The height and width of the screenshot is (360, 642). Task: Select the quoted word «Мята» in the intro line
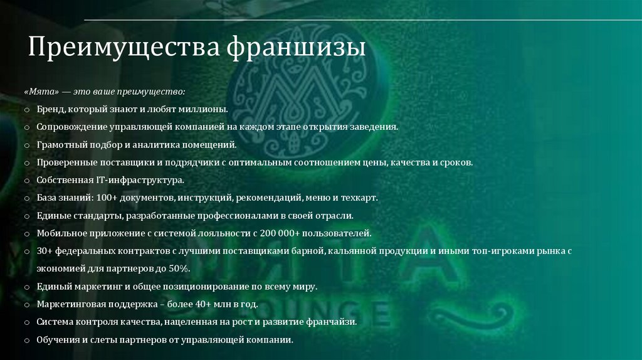coord(43,92)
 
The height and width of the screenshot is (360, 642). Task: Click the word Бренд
coord(50,109)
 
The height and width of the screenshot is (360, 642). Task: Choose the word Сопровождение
coord(70,127)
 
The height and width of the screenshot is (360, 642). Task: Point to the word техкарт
coord(360,198)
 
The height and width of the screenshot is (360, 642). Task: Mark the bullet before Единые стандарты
coord(27,216)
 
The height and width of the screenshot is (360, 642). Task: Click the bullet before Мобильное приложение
coord(27,233)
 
